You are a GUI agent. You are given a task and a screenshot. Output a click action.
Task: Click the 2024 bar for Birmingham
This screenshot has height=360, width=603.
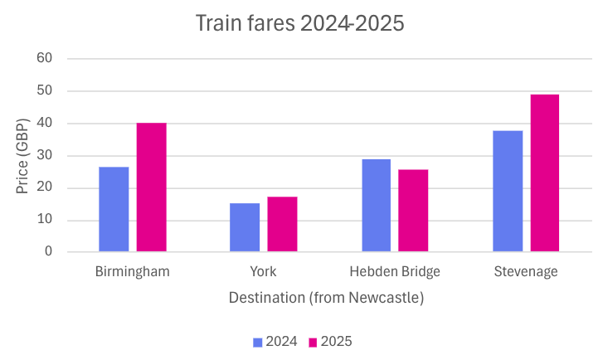point(114,209)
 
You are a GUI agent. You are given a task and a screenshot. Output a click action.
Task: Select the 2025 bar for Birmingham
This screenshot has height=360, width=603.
point(152,187)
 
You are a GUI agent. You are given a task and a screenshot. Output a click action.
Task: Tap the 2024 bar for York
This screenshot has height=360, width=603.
point(245,227)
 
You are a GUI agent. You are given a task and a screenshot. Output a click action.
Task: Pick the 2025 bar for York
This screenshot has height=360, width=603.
point(282,224)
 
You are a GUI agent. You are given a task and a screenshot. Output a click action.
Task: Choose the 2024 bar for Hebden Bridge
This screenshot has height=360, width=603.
point(376,206)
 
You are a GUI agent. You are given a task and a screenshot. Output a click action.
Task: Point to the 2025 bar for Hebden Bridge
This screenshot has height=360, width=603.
point(413,211)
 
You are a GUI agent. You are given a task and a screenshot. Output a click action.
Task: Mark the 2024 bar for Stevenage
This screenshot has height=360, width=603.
point(508,191)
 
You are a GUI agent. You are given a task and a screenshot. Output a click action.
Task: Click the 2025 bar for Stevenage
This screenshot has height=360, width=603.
point(545,173)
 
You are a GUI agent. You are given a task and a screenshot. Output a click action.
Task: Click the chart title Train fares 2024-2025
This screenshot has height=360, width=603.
point(299,24)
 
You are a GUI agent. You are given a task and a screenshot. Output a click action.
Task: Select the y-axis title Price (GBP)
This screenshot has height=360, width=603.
point(23,155)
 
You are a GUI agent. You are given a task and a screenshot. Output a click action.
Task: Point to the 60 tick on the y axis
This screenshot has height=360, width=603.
point(45,59)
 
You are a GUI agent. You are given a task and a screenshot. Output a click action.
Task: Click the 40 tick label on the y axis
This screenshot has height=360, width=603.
point(45,124)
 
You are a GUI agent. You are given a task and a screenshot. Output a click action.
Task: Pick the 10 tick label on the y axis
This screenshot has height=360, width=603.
point(45,220)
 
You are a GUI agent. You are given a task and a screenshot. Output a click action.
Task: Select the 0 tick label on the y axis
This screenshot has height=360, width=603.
point(48,251)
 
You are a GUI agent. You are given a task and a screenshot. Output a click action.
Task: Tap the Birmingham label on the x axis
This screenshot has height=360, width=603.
point(133,271)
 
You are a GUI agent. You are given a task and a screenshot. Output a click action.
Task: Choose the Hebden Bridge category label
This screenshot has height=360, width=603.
point(395,271)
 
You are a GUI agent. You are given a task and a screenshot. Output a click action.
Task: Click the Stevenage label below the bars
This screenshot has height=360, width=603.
point(526,271)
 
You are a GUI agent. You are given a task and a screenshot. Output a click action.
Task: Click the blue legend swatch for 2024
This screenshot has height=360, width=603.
point(258,342)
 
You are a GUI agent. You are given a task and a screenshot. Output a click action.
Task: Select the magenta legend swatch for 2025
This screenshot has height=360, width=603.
point(313,342)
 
